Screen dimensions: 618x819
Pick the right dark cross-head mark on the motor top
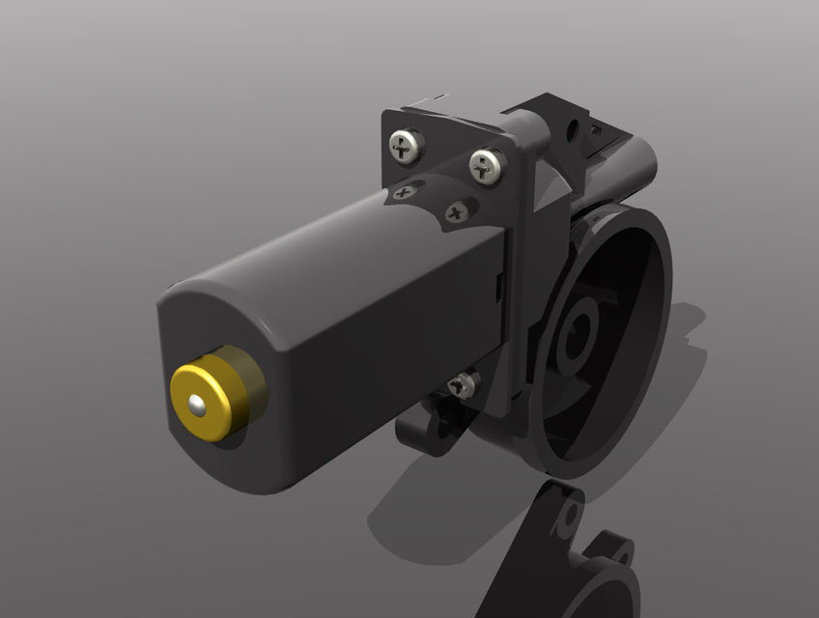(457, 211)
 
